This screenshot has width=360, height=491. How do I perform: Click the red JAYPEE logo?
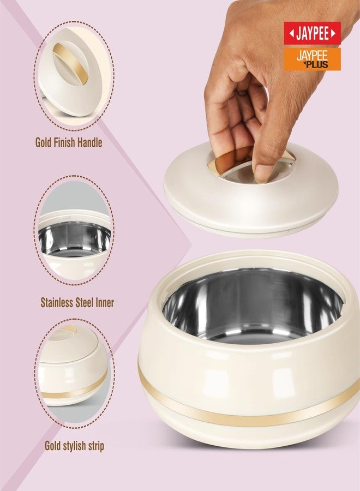(312, 33)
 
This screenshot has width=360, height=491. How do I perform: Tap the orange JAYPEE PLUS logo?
(312, 58)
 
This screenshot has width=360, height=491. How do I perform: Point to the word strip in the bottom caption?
(93, 446)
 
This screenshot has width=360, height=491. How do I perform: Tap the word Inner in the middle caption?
(103, 302)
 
